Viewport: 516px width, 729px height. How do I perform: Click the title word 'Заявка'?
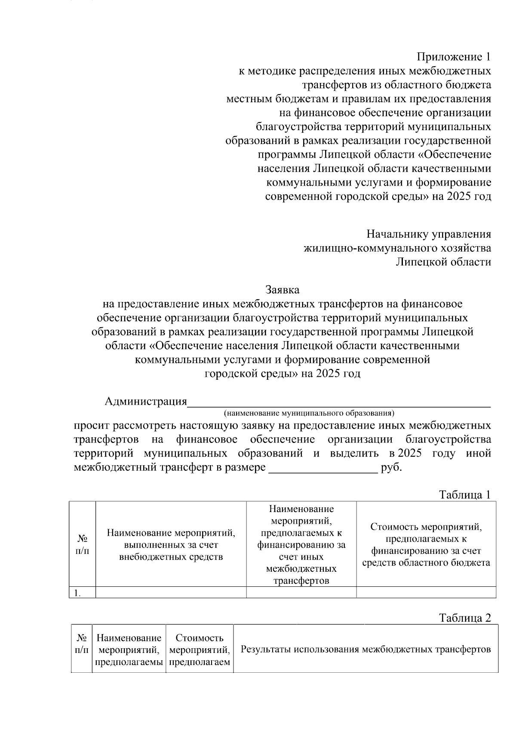coord(282,290)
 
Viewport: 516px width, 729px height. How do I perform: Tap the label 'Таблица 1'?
coord(464,494)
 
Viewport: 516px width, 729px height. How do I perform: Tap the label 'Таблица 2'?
coord(464,618)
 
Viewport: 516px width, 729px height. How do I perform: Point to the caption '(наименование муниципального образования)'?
coord(309,413)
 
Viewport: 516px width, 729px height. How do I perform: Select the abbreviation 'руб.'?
coord(391,467)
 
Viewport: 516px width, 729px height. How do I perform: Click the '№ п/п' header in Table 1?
coord(82,545)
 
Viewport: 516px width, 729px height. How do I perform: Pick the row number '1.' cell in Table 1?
coord(82,593)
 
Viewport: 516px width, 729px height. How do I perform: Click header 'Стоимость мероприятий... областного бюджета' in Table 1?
coord(426,545)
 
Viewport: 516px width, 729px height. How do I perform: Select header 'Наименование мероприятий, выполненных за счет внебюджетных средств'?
coord(171,545)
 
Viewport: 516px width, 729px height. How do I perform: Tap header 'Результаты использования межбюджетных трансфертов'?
coord(365,649)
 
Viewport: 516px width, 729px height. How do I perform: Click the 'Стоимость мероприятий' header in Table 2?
coord(200,650)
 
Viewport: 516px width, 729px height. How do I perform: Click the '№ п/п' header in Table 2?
coord(82,644)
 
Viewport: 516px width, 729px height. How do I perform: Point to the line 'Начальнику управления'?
coord(429,234)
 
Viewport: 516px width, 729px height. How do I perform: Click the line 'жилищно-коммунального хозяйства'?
coord(397,248)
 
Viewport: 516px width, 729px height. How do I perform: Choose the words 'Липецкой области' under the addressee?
coord(443,262)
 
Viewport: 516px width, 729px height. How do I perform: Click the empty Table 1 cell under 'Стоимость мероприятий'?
coord(426,593)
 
